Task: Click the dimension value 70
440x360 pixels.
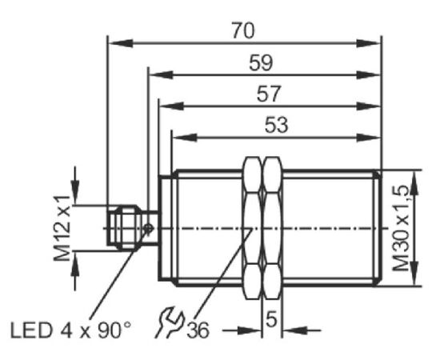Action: pos(243,30)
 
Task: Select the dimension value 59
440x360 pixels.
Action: pos(261,62)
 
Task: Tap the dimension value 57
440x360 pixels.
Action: pos(269,94)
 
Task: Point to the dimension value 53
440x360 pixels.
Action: pos(277,125)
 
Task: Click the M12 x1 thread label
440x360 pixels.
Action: pos(62,228)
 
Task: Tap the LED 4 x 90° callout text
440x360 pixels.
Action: pos(70,330)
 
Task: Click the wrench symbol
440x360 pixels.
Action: pos(169,322)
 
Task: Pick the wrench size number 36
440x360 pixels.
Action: pos(198,330)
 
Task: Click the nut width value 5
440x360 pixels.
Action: pos(271,319)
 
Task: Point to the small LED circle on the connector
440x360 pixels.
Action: pos(148,229)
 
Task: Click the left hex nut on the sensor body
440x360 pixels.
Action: pos(253,229)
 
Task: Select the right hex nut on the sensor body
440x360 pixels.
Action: pos(273,229)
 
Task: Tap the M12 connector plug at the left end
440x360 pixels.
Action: pos(123,228)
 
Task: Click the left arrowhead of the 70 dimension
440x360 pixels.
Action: pos(121,43)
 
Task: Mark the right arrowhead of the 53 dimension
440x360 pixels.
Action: pos(369,138)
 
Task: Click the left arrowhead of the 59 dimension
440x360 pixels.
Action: pos(161,75)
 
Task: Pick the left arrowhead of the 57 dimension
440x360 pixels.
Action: pos(171,106)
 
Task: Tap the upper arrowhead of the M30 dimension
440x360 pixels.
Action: pos(414,183)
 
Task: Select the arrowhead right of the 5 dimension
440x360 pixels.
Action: pos(294,330)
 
